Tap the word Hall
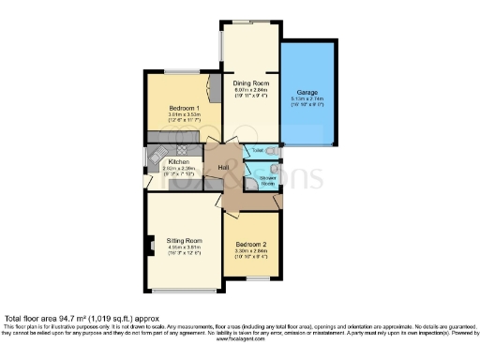[x=224, y=168]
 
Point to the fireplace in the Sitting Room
[x=150, y=248]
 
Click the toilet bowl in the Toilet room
[x=272, y=150]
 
